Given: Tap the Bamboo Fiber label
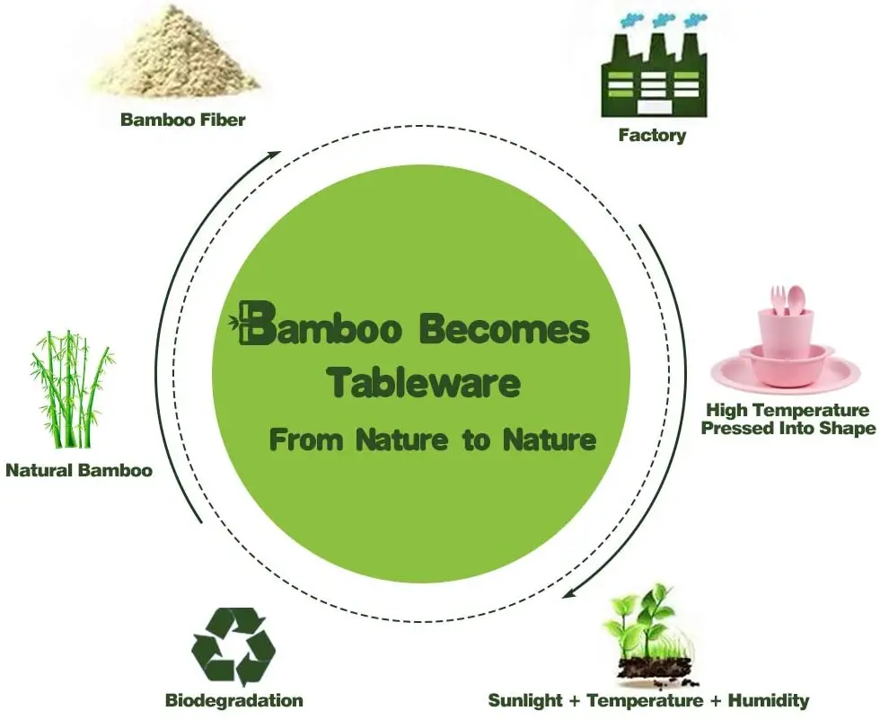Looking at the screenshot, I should pyautogui.click(x=182, y=120).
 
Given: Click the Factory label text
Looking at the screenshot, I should pyautogui.click(x=652, y=137).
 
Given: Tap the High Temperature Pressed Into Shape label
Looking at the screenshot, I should pyautogui.click(x=788, y=420).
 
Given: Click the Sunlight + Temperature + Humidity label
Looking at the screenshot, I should pyautogui.click(x=648, y=700).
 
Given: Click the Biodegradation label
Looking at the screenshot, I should pyautogui.click(x=233, y=700).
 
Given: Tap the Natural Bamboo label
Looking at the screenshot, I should pyautogui.click(x=79, y=470).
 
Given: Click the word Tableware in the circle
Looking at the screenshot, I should pyautogui.click(x=423, y=383).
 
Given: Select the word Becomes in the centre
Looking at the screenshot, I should pyautogui.click(x=506, y=330).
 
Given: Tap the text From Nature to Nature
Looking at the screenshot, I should pyautogui.click(x=433, y=440).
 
